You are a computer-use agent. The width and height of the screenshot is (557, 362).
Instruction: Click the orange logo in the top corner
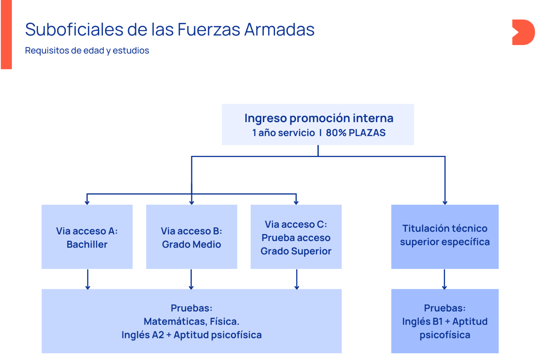[523, 32]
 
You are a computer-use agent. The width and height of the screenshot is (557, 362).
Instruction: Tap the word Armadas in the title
[279, 30]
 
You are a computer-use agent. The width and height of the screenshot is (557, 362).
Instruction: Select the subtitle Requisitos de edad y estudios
[87, 51]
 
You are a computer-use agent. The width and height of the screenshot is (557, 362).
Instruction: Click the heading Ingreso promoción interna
[319, 118]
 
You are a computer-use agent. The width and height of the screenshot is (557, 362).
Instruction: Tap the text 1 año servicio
[283, 133]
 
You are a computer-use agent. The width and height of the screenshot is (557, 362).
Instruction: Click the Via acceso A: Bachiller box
[87, 237]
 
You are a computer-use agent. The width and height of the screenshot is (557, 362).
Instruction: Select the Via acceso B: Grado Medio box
[191, 237]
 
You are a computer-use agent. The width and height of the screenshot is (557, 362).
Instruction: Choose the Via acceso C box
[296, 237]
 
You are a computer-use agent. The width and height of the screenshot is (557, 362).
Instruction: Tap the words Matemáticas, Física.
[191, 322]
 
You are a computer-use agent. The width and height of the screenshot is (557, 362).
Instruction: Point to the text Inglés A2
[142, 335]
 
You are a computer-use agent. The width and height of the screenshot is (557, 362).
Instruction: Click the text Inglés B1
[422, 322]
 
